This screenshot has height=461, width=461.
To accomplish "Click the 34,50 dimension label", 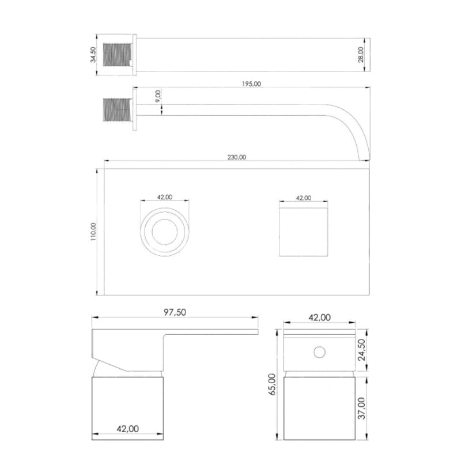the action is pyautogui.click(x=93, y=55).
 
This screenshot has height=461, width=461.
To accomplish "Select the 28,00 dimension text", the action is pyautogui.click(x=361, y=55).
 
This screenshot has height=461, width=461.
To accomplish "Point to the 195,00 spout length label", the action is pyautogui.click(x=251, y=84).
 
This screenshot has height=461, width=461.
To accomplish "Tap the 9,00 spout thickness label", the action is pyautogui.click(x=158, y=96).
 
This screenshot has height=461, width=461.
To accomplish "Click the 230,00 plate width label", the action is pyautogui.click(x=237, y=157).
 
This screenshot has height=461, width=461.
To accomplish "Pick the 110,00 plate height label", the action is pyautogui.click(x=93, y=232).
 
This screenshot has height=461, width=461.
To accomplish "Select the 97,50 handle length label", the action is pyautogui.click(x=175, y=312).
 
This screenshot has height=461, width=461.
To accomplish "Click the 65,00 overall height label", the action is pyautogui.click(x=272, y=384).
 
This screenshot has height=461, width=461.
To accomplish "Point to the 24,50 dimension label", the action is pyautogui.click(x=361, y=350).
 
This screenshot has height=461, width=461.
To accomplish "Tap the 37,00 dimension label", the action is pyautogui.click(x=361, y=408).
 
